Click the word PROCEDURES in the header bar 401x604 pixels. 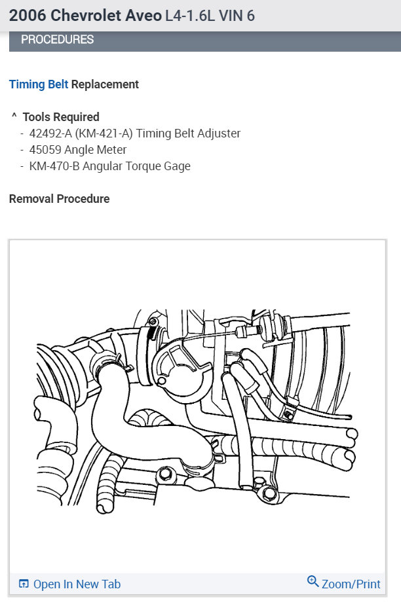(57, 39)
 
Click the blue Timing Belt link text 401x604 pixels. (38, 84)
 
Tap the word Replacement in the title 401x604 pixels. (105, 84)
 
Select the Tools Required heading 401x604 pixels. (61, 117)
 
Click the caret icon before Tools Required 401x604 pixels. (14, 116)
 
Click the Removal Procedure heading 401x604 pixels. (60, 199)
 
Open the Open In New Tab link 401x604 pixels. (77, 584)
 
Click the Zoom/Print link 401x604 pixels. (351, 584)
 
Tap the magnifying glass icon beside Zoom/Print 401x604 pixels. (313, 582)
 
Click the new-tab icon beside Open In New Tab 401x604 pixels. (24, 584)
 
